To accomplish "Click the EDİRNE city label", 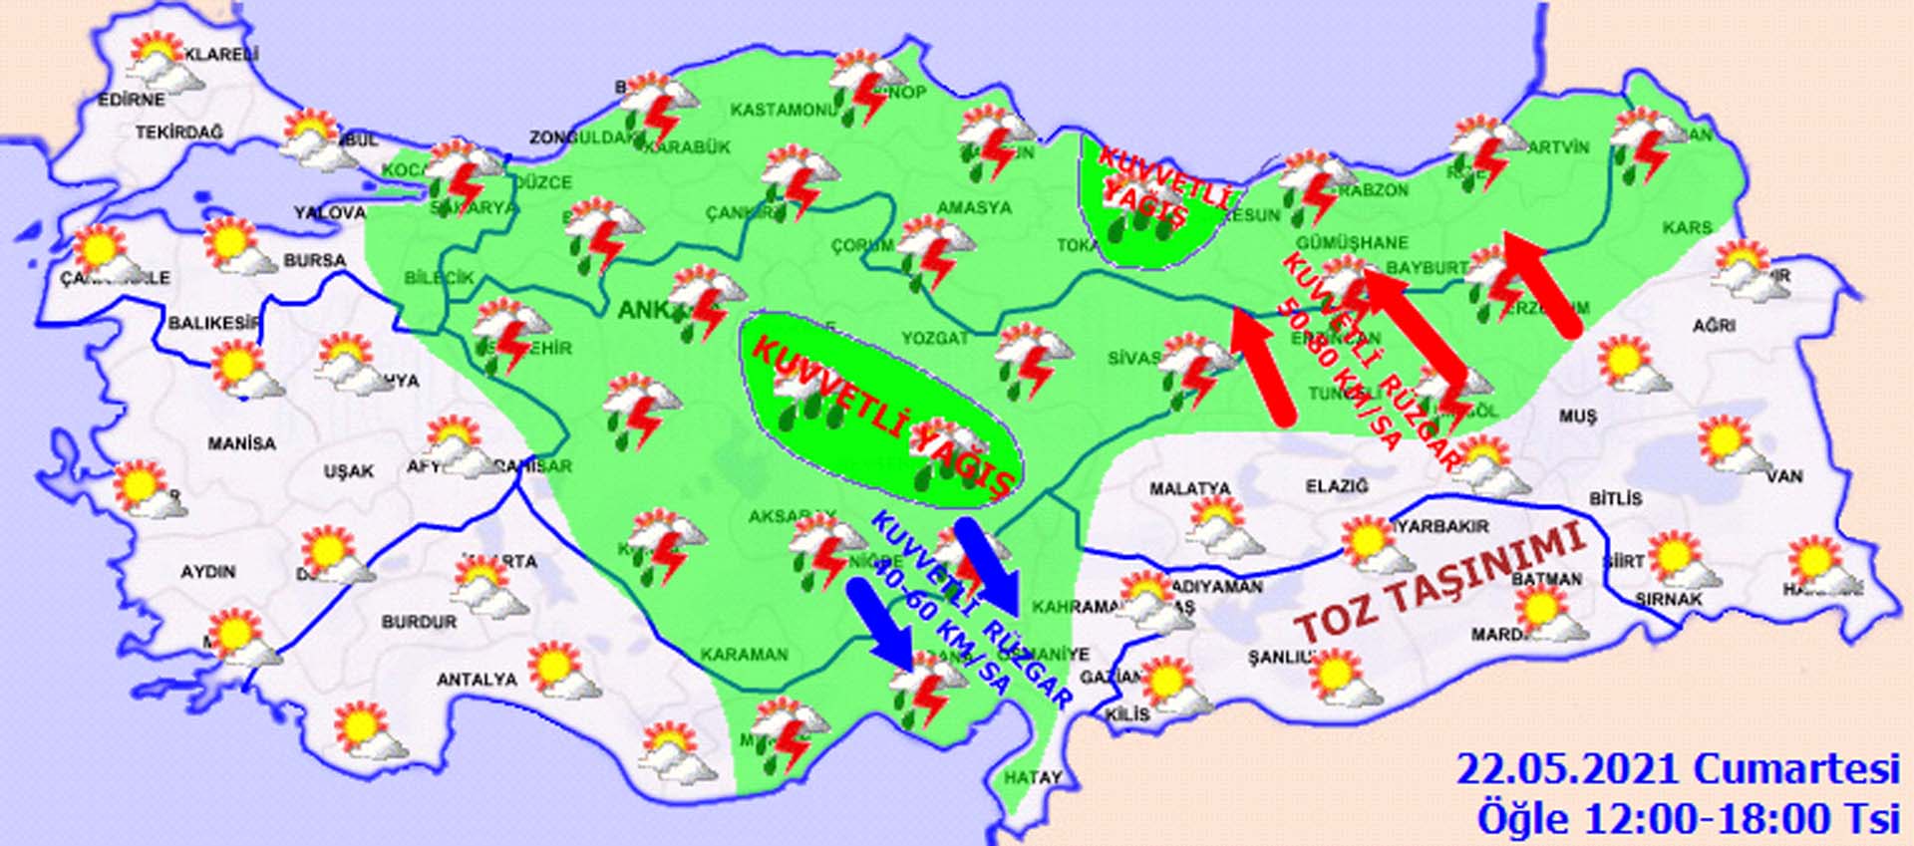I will tap(131, 100).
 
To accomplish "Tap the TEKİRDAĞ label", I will tap(179, 132).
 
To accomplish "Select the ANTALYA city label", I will tap(477, 680).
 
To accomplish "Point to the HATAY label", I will tap(1033, 777).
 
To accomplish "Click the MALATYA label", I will tap(1189, 489).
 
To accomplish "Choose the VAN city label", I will tap(1784, 476).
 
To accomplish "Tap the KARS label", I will tap(1687, 228).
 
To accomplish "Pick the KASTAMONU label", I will tap(784, 110).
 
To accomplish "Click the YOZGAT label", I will tap(935, 339).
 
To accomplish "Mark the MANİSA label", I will tap(241, 442).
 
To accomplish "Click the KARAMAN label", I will tap(744, 655).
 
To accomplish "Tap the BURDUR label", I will tap(419, 622).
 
